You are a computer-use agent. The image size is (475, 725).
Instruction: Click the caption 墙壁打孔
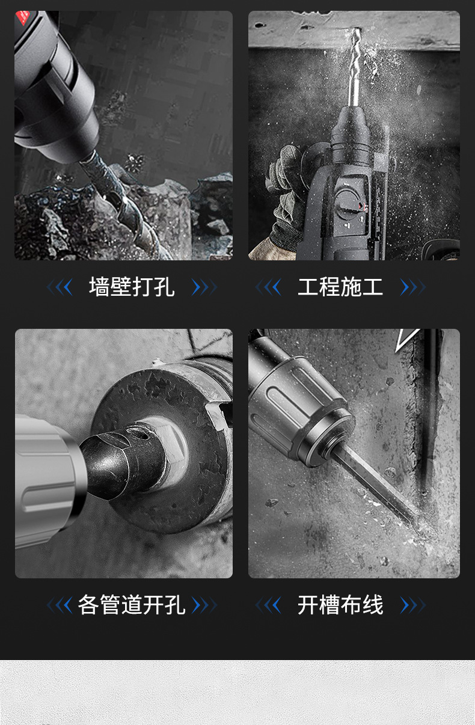132,287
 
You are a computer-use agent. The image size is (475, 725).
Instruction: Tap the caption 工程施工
340,287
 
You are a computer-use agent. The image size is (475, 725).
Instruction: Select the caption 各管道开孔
132,605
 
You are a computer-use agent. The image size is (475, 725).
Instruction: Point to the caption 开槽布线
340,605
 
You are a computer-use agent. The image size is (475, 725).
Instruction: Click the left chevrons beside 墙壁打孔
60,287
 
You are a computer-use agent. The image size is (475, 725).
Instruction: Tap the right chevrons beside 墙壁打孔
204,287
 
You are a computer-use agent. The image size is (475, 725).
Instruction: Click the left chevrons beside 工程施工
268,287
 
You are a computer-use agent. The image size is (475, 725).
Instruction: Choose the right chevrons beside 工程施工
413,287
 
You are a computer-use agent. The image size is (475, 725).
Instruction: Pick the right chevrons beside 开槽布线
413,605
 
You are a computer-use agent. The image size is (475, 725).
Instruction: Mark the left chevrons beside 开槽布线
268,605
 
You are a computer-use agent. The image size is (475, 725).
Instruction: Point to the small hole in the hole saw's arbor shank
143,436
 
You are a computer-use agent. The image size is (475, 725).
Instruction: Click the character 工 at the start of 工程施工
308,287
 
